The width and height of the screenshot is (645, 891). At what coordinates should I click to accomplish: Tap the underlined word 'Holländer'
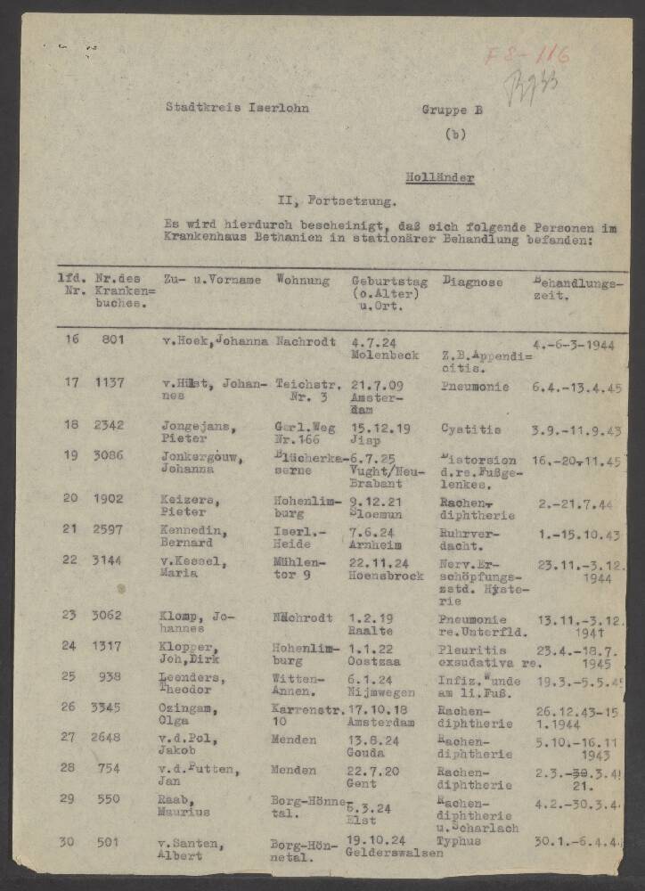click(x=440, y=178)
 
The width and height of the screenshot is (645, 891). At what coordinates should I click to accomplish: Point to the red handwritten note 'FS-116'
click(x=527, y=55)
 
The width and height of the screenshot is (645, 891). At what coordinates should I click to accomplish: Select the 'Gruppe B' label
click(x=452, y=110)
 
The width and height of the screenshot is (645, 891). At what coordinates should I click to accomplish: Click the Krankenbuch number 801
click(x=112, y=339)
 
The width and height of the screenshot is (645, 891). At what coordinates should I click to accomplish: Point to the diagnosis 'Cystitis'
click(x=466, y=428)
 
